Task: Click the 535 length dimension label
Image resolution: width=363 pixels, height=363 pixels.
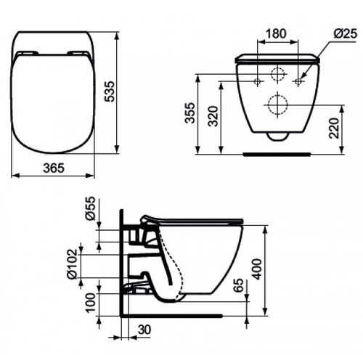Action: click(x=110, y=91)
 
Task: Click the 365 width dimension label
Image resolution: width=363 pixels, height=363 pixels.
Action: click(x=54, y=168)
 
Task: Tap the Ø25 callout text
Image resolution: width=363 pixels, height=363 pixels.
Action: click(x=346, y=34)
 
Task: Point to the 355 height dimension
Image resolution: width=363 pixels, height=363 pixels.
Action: click(x=189, y=113)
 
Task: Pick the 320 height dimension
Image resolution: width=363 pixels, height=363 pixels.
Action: click(x=213, y=116)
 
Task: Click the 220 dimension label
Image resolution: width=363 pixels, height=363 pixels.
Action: click(x=334, y=128)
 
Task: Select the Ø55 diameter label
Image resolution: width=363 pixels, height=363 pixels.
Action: click(x=90, y=208)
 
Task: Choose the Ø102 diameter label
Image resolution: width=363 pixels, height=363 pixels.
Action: click(x=72, y=264)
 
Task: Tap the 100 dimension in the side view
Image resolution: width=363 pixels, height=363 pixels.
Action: click(x=91, y=303)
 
